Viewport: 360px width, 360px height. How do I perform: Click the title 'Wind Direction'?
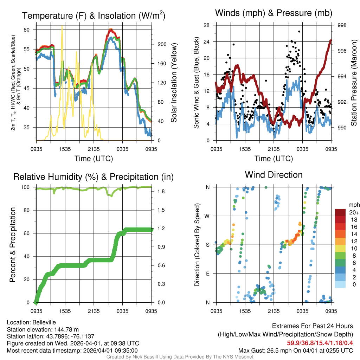click(x=274, y=175)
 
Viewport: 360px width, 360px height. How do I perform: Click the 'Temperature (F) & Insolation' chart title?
click(x=94, y=16)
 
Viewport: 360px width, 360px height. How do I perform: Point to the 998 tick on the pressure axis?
click(x=342, y=25)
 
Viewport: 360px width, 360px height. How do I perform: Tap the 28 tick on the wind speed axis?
click(x=207, y=25)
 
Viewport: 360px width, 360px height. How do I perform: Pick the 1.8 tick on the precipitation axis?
click(x=162, y=191)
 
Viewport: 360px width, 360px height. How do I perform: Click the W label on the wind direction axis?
click(x=208, y=216)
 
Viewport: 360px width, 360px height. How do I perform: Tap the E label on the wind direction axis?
click(x=208, y=274)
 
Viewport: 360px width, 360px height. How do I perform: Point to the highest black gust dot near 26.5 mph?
click(x=299, y=31)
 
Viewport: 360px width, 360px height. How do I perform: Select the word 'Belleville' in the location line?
click(x=43, y=322)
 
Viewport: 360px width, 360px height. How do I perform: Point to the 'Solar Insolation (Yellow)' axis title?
click(x=174, y=83)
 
